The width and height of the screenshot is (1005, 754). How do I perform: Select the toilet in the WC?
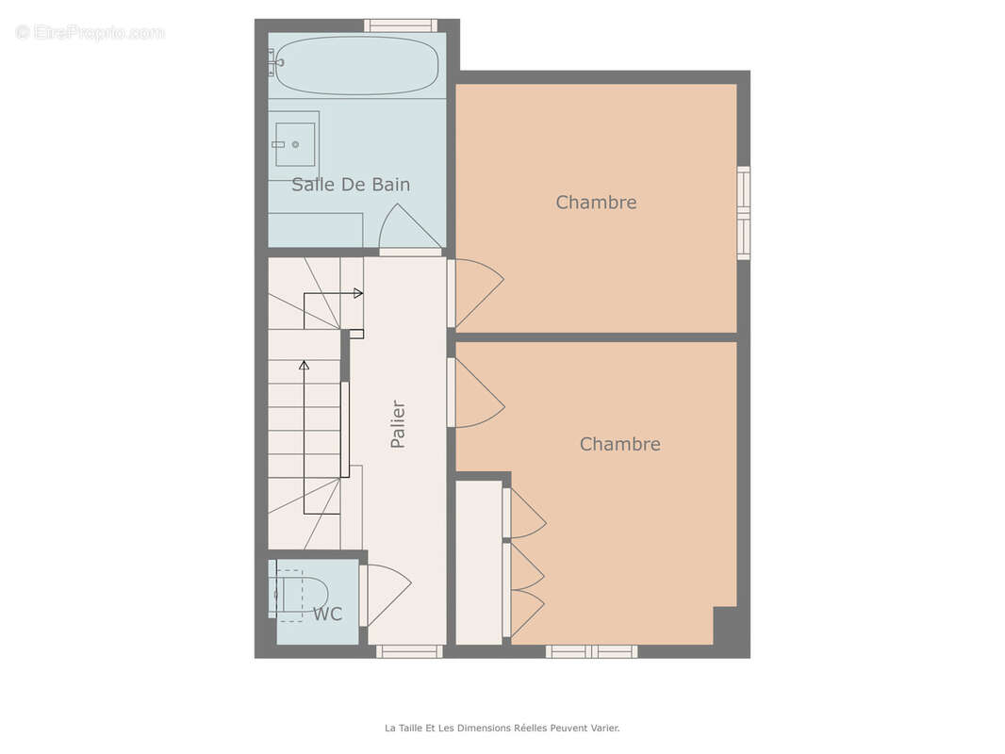[x=302, y=595]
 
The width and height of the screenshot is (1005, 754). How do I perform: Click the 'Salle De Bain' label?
[x=351, y=185]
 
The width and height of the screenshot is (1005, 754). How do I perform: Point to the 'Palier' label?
[x=398, y=424]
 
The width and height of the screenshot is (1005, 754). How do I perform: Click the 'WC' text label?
[x=327, y=615]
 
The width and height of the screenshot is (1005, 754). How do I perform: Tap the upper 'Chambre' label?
[x=596, y=203]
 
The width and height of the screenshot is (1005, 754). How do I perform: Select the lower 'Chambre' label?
[x=619, y=444]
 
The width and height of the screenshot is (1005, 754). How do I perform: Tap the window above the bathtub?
[x=402, y=25]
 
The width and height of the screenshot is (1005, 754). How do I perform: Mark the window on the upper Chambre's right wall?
[x=744, y=213]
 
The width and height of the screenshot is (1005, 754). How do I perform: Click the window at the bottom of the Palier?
[x=409, y=651]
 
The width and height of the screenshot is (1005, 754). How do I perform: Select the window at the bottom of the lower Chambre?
[x=591, y=651]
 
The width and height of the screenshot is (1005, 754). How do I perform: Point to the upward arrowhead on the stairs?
[x=304, y=365]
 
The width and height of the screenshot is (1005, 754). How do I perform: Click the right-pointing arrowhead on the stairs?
[x=358, y=293]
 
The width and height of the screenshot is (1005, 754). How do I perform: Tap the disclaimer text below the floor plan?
[x=502, y=728]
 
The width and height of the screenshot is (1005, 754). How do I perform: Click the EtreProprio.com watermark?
[x=90, y=32]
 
